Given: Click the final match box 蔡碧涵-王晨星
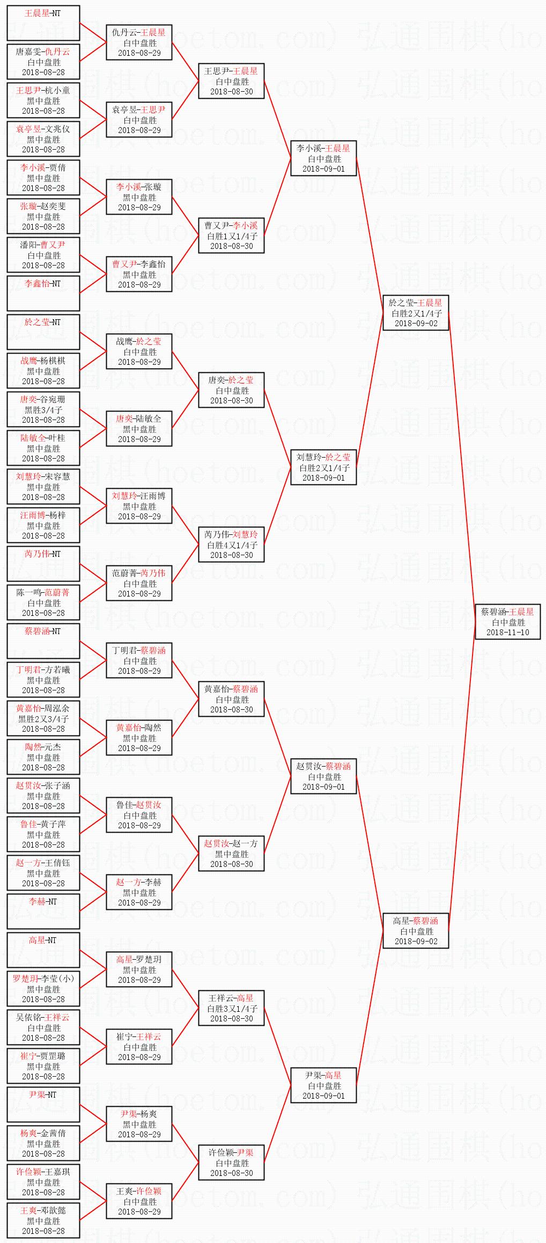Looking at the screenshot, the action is tap(507, 621).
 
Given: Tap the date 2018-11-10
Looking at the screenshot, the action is tap(507, 632).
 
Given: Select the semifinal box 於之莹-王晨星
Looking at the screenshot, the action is tap(416, 313).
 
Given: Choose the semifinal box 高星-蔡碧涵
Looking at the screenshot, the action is tap(416, 931).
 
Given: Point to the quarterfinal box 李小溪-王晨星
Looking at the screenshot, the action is tap(323, 158).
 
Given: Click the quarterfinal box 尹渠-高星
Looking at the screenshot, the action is tap(323, 1085).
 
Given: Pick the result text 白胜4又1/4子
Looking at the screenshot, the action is tap(232, 545).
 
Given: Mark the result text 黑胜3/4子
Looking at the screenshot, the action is tap(43, 410).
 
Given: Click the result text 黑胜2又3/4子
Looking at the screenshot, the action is tap(43, 719).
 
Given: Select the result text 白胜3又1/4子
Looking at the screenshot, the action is tap(232, 1009).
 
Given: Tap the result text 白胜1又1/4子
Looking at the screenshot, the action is tap(232, 236).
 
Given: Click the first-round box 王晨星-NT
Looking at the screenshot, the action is tap(43, 23).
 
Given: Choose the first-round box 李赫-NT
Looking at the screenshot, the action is tap(43, 911).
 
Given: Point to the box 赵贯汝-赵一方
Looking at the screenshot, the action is tap(231, 854).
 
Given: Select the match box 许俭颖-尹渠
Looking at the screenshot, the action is tap(231, 1163).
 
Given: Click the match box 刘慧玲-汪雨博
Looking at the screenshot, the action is tap(139, 506).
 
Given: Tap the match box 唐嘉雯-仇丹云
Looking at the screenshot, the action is tap(43, 62).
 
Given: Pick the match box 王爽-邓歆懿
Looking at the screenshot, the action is tap(43, 1220).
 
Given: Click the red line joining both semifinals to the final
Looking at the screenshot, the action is tap(462, 467).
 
